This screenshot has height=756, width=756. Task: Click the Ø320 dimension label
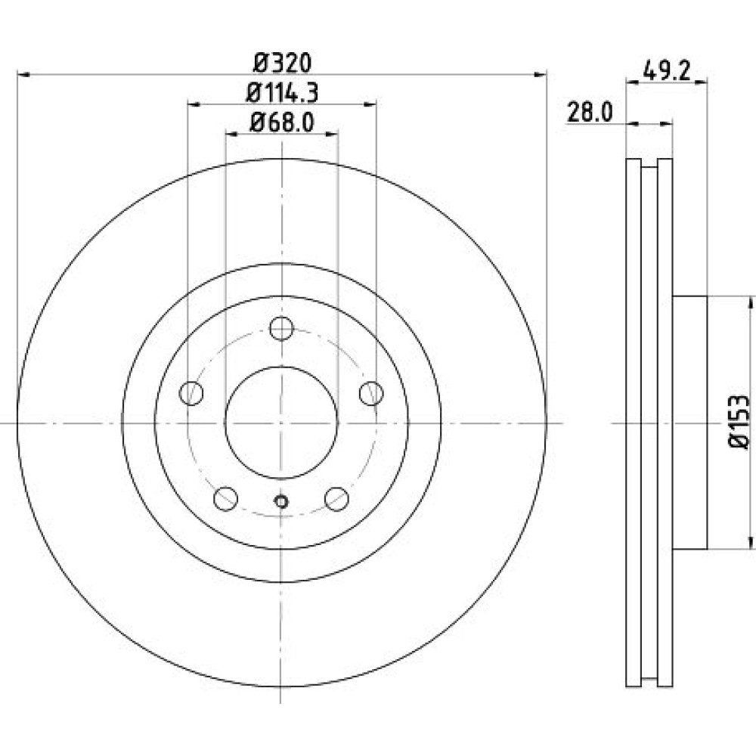click(x=283, y=63)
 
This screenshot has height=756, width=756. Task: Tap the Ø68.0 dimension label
click(x=282, y=122)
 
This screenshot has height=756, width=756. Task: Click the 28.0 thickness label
click(x=590, y=113)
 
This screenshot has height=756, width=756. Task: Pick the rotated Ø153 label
click(x=739, y=423)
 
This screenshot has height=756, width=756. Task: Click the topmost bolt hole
click(x=281, y=328)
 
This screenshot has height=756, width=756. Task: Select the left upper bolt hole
click(x=191, y=393)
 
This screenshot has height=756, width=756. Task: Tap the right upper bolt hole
click(x=371, y=393)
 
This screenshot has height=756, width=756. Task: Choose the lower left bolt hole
click(x=225, y=498)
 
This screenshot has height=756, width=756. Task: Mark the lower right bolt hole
click(x=336, y=498)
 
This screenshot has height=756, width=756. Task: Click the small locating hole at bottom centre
click(x=281, y=502)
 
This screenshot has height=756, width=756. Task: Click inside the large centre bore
click(x=281, y=423)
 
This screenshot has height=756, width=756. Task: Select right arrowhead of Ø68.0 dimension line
click(x=332, y=134)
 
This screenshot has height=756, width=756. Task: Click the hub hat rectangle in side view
click(x=690, y=423)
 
